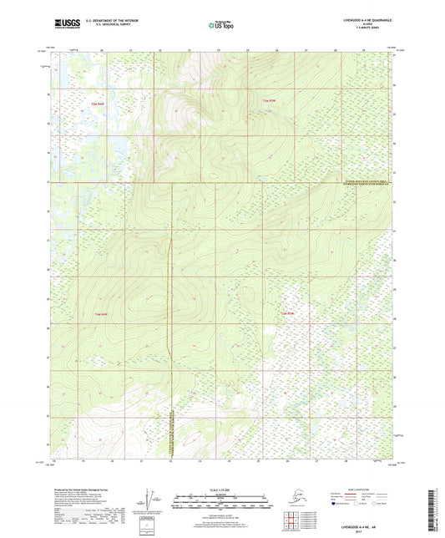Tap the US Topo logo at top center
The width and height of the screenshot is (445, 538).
point(221,25)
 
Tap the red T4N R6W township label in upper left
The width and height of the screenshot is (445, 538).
point(97,104)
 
